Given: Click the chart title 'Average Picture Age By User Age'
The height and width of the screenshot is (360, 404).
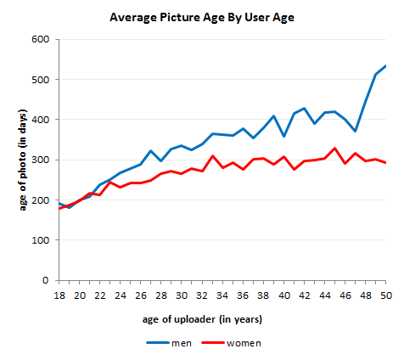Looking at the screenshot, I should [x=201, y=16].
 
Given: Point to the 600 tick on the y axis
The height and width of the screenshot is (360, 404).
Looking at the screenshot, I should [x=40, y=40].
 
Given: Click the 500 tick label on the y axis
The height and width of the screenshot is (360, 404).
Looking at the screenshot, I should [x=40, y=80].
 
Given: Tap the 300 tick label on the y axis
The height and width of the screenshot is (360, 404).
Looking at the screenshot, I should [x=40, y=160].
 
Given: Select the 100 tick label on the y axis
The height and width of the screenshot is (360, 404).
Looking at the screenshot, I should [x=40, y=240].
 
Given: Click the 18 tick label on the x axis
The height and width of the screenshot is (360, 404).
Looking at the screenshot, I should [x=59, y=295].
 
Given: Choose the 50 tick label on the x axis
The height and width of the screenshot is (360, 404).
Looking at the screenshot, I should [x=386, y=295].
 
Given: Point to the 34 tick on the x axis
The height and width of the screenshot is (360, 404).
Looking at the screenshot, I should [x=222, y=295].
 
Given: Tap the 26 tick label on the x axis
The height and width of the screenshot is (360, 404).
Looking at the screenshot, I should [x=140, y=295].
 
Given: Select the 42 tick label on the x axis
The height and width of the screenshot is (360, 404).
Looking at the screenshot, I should [x=304, y=295].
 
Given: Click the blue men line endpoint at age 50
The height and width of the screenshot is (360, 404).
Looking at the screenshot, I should [x=386, y=65].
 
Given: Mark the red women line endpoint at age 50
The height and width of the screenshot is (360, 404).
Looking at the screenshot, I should [x=386, y=163].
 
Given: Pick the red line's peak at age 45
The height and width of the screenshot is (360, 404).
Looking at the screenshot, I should [x=335, y=149].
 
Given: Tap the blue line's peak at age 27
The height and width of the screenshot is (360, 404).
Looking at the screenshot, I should [x=150, y=151].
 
